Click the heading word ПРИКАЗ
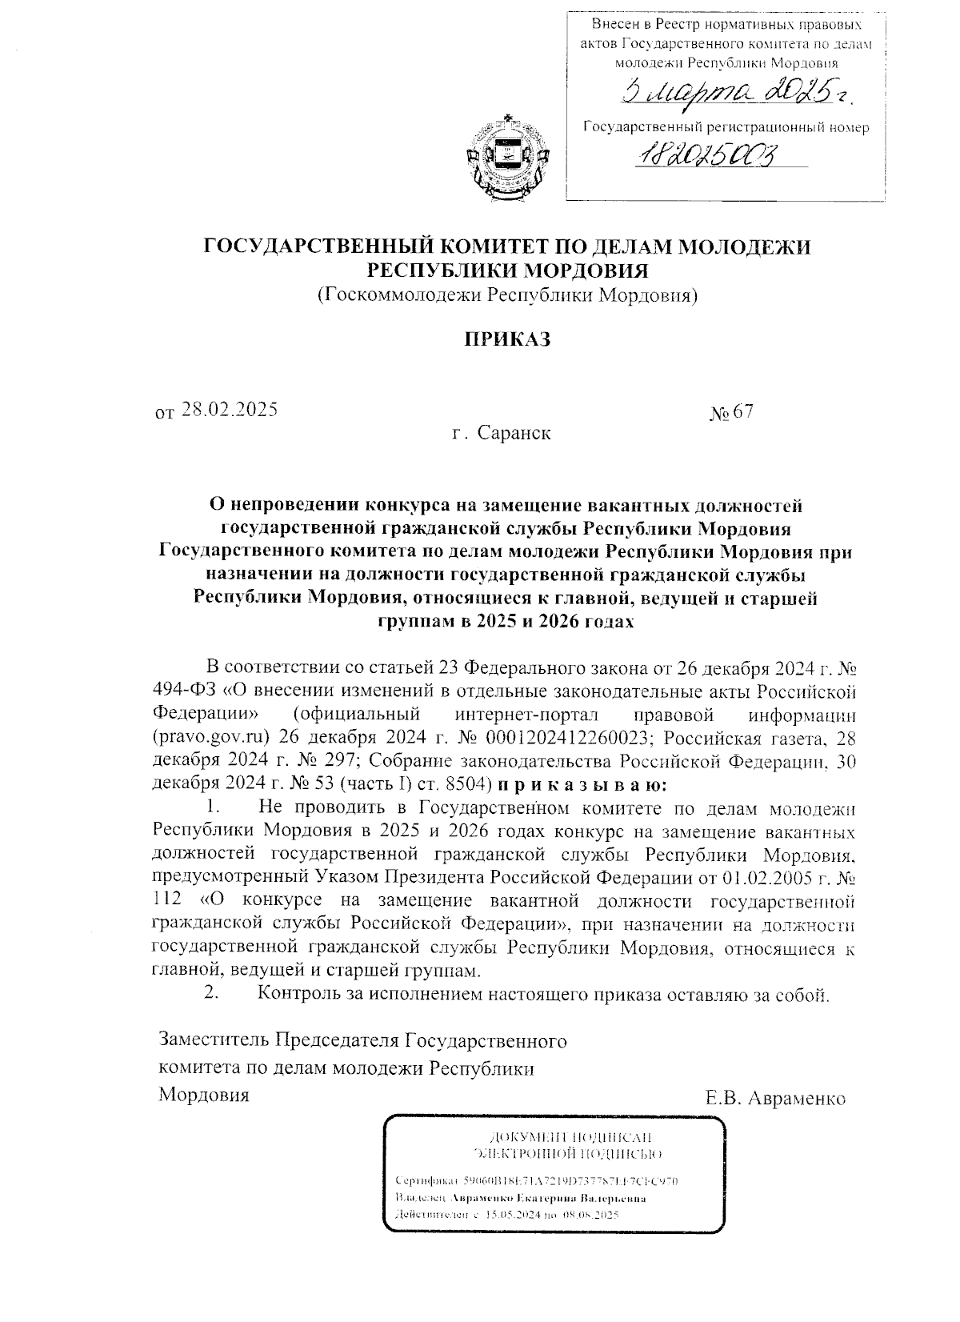(x=509, y=339)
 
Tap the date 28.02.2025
(x=230, y=410)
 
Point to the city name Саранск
(x=514, y=433)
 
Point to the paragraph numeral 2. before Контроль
(x=212, y=995)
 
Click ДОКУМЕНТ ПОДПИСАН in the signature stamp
(x=570, y=1137)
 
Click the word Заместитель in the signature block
(x=215, y=1041)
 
